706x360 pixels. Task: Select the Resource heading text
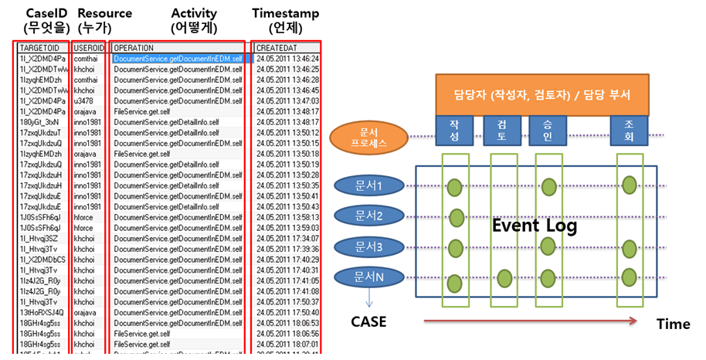(x=105, y=14)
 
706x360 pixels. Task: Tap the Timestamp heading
(x=285, y=14)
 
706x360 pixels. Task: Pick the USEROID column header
(x=85, y=48)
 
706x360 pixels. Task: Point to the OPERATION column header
(x=134, y=48)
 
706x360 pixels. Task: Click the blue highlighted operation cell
(x=178, y=58)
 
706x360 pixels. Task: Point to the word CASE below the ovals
(x=369, y=321)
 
